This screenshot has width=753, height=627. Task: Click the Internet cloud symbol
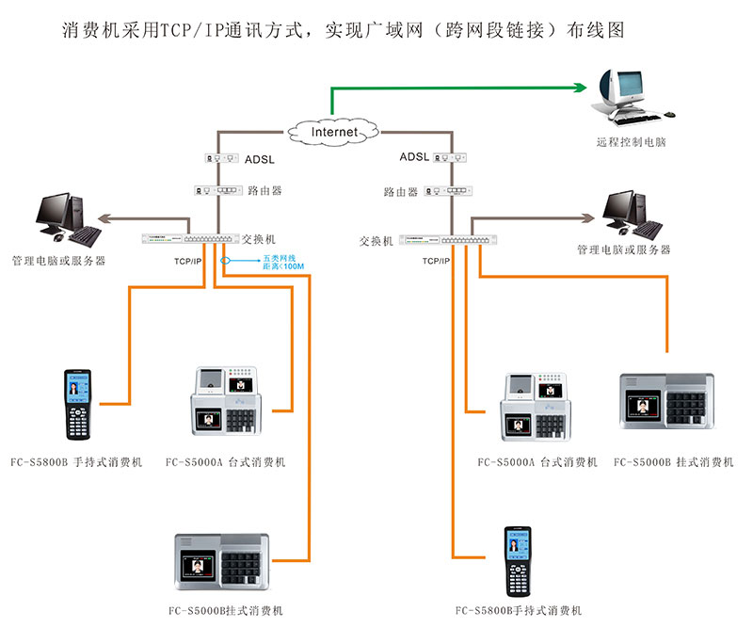(334, 132)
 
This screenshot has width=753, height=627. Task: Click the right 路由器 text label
(400, 192)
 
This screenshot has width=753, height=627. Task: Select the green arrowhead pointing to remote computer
(579, 88)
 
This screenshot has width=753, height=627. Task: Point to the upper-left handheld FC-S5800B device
(76, 405)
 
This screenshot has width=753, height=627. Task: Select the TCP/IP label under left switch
(187, 260)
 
